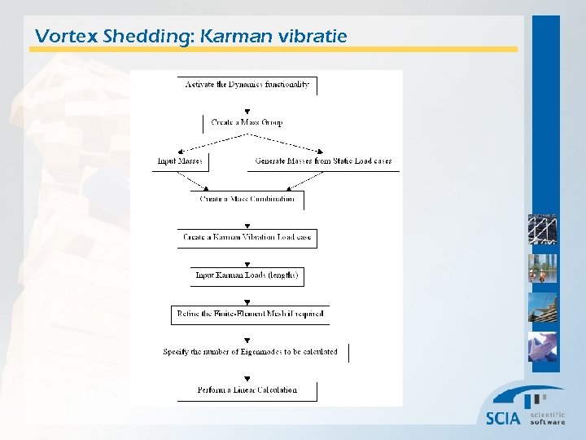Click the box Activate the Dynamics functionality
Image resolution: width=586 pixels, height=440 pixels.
coord(247,85)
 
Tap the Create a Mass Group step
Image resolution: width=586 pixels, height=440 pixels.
coord(247,123)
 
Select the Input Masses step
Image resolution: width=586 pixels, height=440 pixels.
coord(181,161)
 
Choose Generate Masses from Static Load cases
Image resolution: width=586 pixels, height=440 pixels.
coord(323,161)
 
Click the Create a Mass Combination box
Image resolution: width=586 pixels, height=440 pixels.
coord(247,200)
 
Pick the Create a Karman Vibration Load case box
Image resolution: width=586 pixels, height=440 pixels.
coord(247,238)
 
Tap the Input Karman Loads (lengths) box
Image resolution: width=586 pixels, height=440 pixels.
coord(247,276)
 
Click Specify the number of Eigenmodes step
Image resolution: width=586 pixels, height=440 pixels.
coord(251,352)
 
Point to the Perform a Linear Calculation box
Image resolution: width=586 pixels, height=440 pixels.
coord(247,390)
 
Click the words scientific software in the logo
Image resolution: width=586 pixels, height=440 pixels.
coord(547,418)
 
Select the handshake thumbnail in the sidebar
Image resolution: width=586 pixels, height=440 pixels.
coord(542,347)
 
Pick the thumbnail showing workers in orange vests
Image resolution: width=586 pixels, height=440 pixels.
coord(542,269)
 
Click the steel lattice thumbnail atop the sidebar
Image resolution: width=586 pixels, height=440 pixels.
coord(542,230)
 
